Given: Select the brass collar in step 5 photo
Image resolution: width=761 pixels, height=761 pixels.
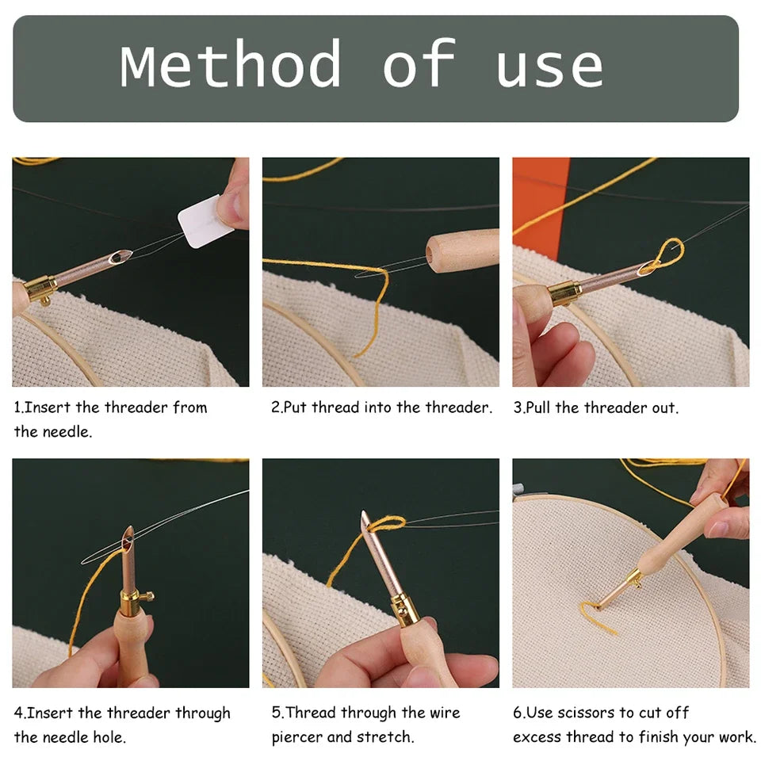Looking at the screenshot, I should tap(405, 610).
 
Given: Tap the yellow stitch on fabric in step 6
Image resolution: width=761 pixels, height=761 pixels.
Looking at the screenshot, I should tap(597, 614).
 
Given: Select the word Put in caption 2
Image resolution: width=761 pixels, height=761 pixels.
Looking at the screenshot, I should tap(296, 408).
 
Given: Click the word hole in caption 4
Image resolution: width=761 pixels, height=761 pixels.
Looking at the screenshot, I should tap(108, 737).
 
